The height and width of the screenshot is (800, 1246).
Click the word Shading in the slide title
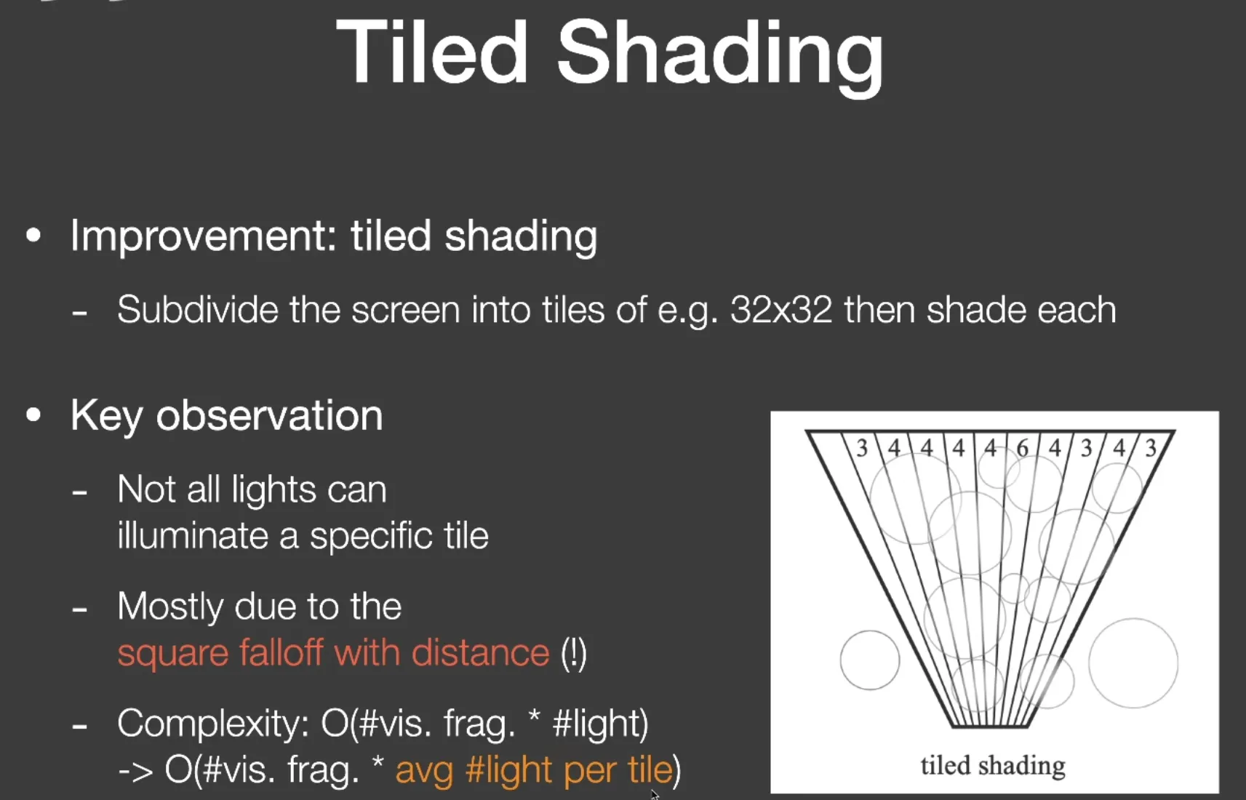tap(720, 59)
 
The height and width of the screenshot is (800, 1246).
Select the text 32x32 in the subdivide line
tap(781, 310)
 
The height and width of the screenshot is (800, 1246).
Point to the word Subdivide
tap(197, 309)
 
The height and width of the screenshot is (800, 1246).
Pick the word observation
tap(269, 415)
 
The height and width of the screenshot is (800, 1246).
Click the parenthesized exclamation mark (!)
tap(574, 654)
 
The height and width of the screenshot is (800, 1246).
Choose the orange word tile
tap(650, 769)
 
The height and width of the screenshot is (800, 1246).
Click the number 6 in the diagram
tap(1022, 449)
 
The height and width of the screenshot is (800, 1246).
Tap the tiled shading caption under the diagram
tap(993, 766)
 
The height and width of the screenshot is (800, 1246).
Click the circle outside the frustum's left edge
tap(841, 660)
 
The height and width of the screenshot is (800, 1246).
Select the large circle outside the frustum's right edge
tap(1089, 663)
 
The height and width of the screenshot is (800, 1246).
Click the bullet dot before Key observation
tap(33, 415)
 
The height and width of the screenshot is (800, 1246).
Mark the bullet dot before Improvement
tap(33, 236)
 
